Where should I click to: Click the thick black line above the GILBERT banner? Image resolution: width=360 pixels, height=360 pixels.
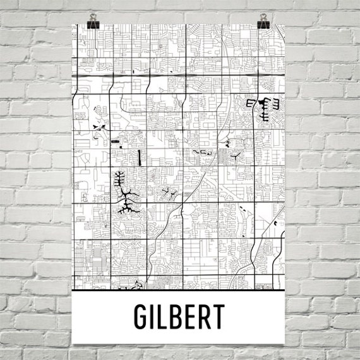[x=180, y=292]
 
